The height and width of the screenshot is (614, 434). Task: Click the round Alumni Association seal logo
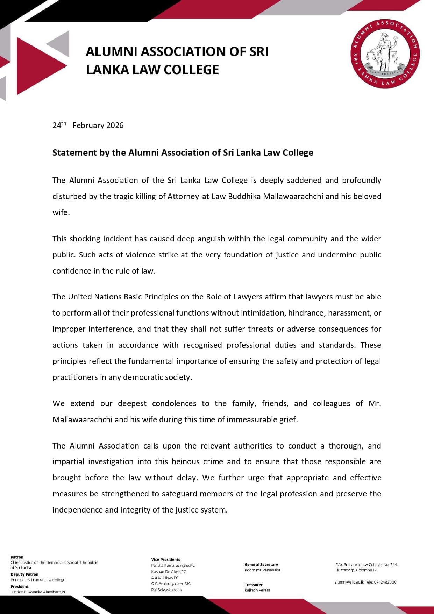coord(385,54)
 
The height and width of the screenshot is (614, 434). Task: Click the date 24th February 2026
coord(88,125)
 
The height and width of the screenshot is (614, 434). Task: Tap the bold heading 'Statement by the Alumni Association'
coord(183,153)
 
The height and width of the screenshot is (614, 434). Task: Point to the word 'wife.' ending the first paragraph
coord(61,212)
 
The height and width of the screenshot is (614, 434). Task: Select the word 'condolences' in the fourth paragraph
coord(174,403)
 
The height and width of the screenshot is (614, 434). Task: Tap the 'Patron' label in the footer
coord(17,557)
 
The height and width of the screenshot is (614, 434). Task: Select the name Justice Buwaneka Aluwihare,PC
coord(38,592)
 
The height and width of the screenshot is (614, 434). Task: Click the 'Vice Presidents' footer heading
coord(166,559)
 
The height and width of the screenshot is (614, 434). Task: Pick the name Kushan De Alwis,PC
coord(169,572)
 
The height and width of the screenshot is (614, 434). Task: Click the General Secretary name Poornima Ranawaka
coord(262,570)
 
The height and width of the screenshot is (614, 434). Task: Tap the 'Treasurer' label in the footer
coord(254,585)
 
